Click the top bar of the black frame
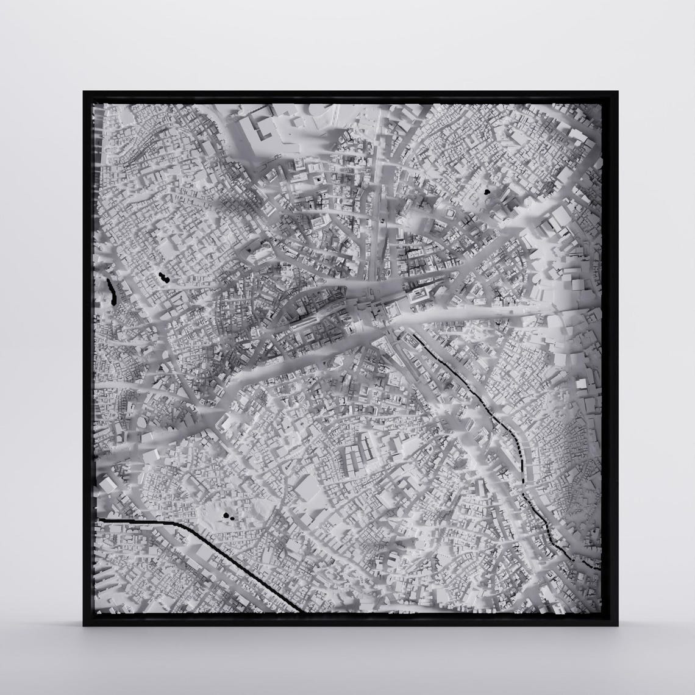(x=351, y=96)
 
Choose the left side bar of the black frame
(x=88, y=360)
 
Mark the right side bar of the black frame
(x=611, y=360)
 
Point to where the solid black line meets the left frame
(x=98, y=519)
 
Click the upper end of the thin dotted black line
(x=407, y=333)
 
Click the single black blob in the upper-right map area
(x=486, y=191)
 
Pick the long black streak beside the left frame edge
(x=112, y=291)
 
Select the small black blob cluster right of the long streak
(x=162, y=278)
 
